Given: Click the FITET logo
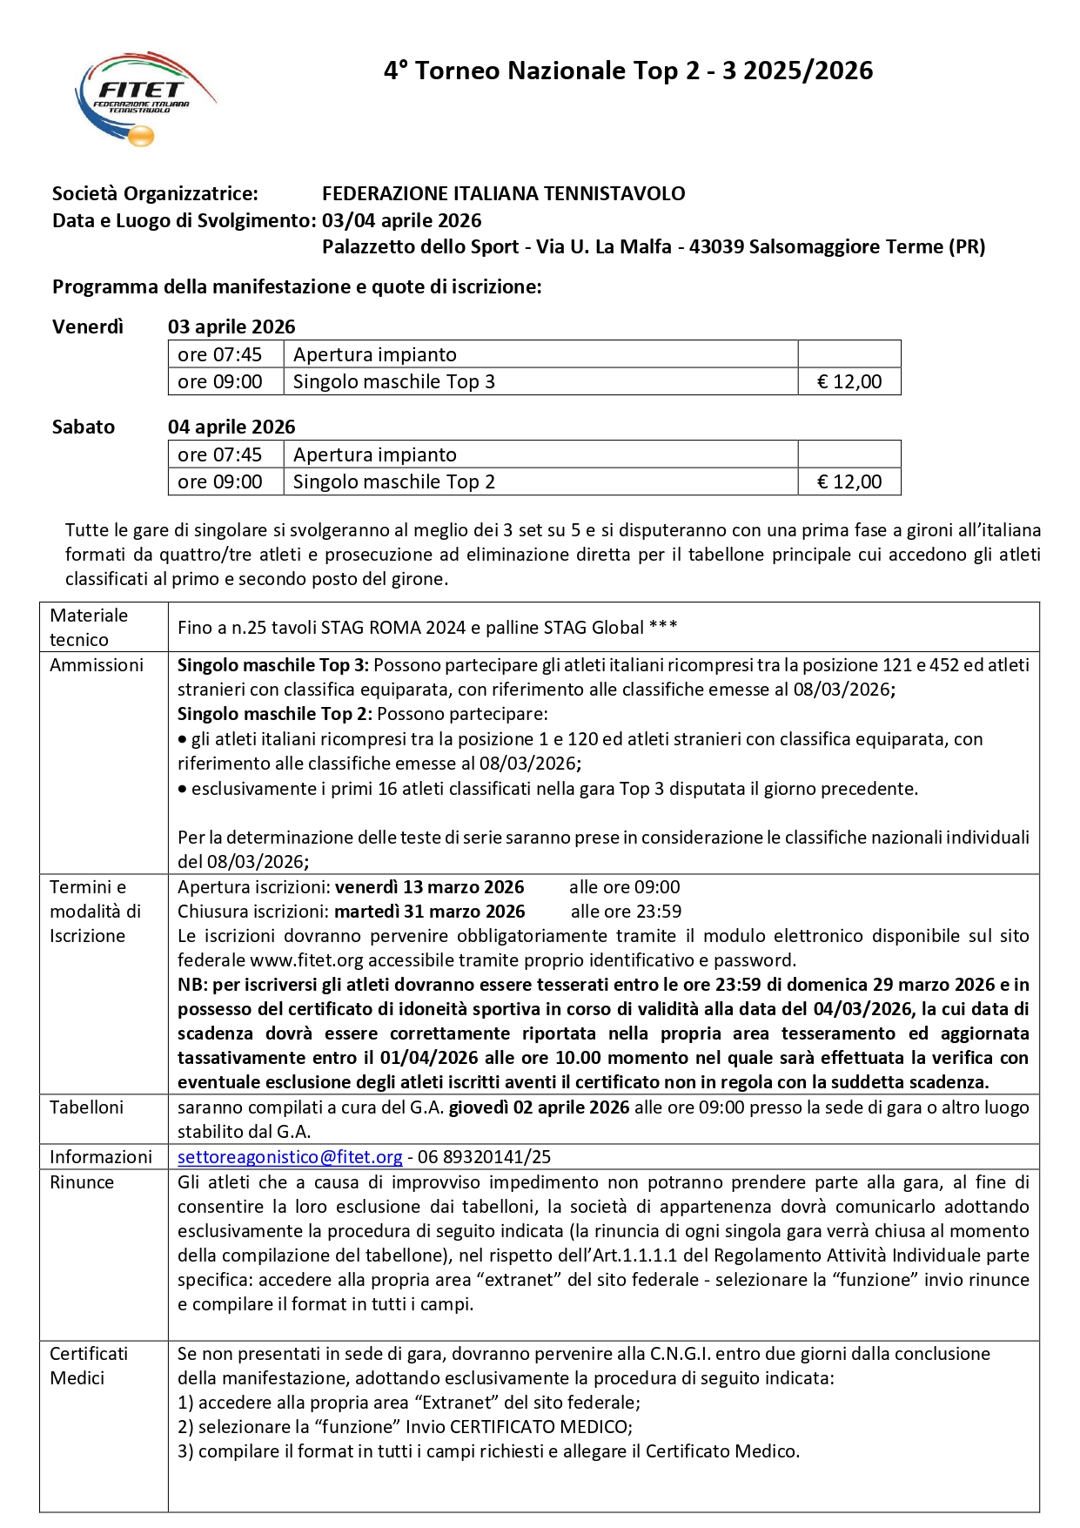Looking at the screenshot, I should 144,98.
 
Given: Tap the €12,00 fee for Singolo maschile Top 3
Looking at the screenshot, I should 849,382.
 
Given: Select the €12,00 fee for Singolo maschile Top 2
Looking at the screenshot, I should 849,482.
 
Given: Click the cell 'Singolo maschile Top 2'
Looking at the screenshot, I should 393,482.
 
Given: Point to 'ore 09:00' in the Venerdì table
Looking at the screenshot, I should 219,382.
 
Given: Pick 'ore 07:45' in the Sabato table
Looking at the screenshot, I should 219,455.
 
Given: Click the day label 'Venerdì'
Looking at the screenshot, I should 88,327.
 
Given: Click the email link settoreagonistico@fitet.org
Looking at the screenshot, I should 290,1157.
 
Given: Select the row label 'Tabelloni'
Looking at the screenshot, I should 86,1107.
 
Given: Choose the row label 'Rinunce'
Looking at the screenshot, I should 82,1182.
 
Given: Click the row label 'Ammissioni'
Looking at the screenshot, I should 96,665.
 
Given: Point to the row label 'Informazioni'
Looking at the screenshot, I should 100,1157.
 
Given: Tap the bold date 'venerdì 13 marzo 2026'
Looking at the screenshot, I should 429,887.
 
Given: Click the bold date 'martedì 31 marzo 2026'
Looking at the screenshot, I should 429,912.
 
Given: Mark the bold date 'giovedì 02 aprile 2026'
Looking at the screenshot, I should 539,1107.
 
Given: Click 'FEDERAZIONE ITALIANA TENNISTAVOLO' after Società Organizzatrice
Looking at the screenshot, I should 503,194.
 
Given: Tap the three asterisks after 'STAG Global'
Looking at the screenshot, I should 663,627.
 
